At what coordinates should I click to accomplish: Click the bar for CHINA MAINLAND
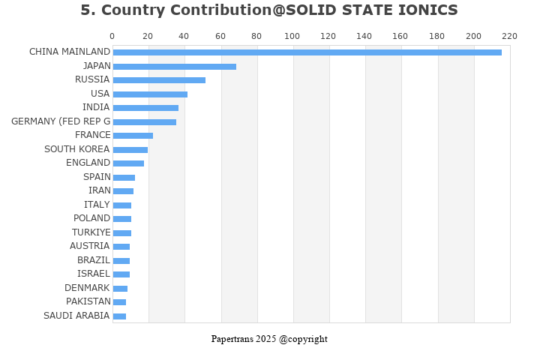coord(307,52)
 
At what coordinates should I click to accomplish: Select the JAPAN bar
coord(174,66)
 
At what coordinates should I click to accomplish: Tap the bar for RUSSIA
coord(159,79)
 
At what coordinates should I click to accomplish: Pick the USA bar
coord(150,94)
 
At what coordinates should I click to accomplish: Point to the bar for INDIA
coord(145,107)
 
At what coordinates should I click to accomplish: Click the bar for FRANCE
coord(133,135)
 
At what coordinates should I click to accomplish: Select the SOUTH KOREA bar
coord(130,149)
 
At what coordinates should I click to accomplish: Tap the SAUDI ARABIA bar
coord(119,316)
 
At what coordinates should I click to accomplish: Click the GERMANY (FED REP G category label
coord(61,121)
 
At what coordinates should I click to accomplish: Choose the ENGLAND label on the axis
coord(88,163)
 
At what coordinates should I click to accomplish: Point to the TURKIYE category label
coord(91,232)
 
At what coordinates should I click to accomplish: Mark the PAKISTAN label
coord(88,301)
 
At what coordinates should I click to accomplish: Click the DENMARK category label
coord(87,288)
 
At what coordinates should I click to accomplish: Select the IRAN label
coord(99,190)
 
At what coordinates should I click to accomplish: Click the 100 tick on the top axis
coord(292,36)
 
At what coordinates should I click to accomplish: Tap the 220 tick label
coord(510,36)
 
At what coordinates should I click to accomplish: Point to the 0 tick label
coord(112,36)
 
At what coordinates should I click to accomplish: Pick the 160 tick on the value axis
coord(401,36)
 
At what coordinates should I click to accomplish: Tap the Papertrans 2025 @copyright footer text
coord(269,339)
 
